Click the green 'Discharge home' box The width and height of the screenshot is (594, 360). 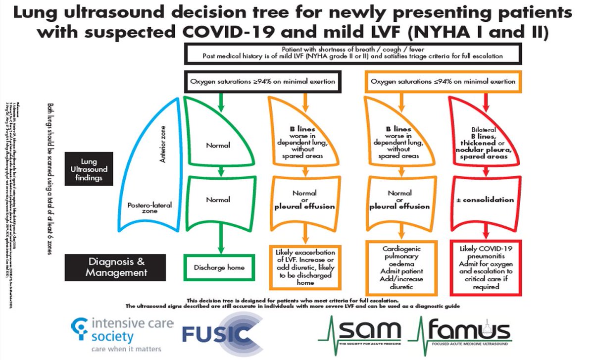[219, 268]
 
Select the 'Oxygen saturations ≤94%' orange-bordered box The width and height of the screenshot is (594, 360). [443, 81]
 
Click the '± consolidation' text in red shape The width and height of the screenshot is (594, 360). [486, 200]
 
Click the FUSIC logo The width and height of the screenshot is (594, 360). [221, 334]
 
